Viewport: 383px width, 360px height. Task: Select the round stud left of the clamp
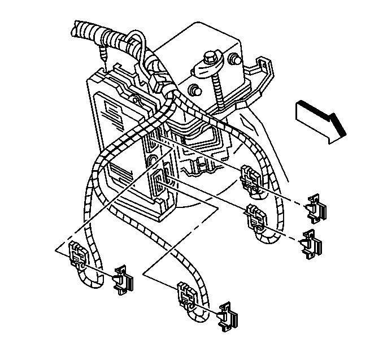[x=195, y=90]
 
